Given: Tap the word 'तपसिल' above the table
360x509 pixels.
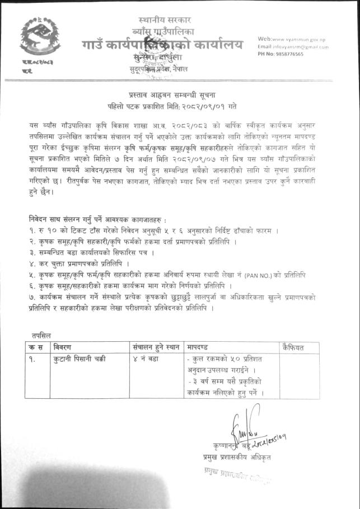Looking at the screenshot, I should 41,335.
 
